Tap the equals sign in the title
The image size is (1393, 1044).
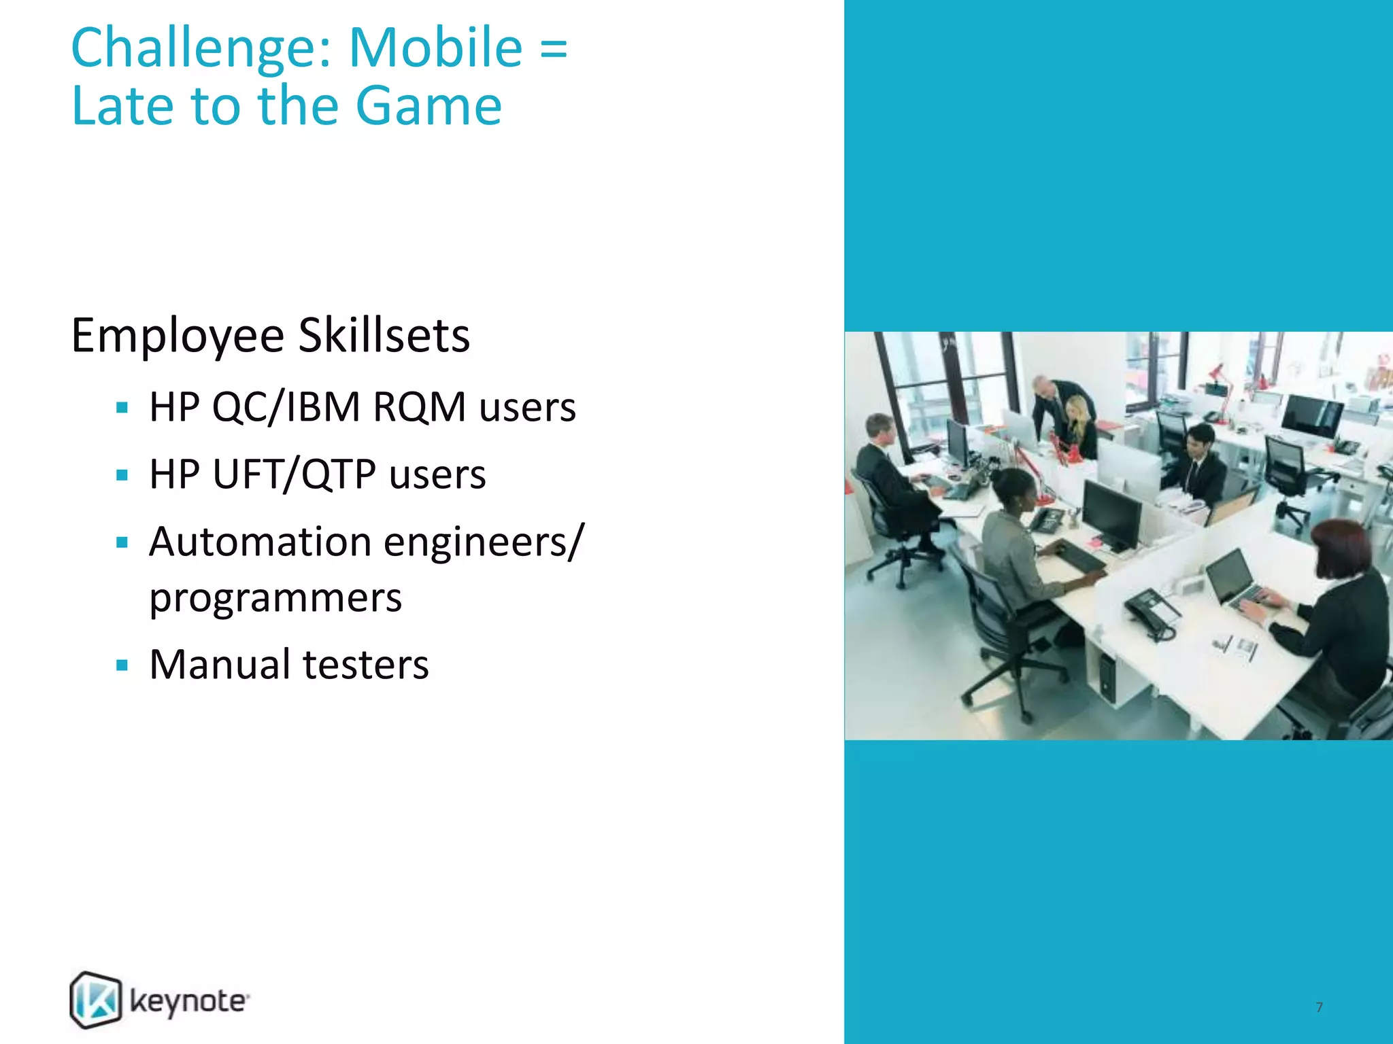554,49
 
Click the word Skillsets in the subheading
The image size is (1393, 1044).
384,336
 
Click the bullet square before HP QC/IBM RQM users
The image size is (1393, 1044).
122,408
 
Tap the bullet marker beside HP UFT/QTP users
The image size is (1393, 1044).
122,475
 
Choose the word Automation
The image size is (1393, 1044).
261,542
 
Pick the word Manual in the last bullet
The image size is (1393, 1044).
220,665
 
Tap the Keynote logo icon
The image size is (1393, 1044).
96,999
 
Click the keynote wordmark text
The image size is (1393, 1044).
188,1002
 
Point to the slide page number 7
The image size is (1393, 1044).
1319,1007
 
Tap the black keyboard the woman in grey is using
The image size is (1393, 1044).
1081,559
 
